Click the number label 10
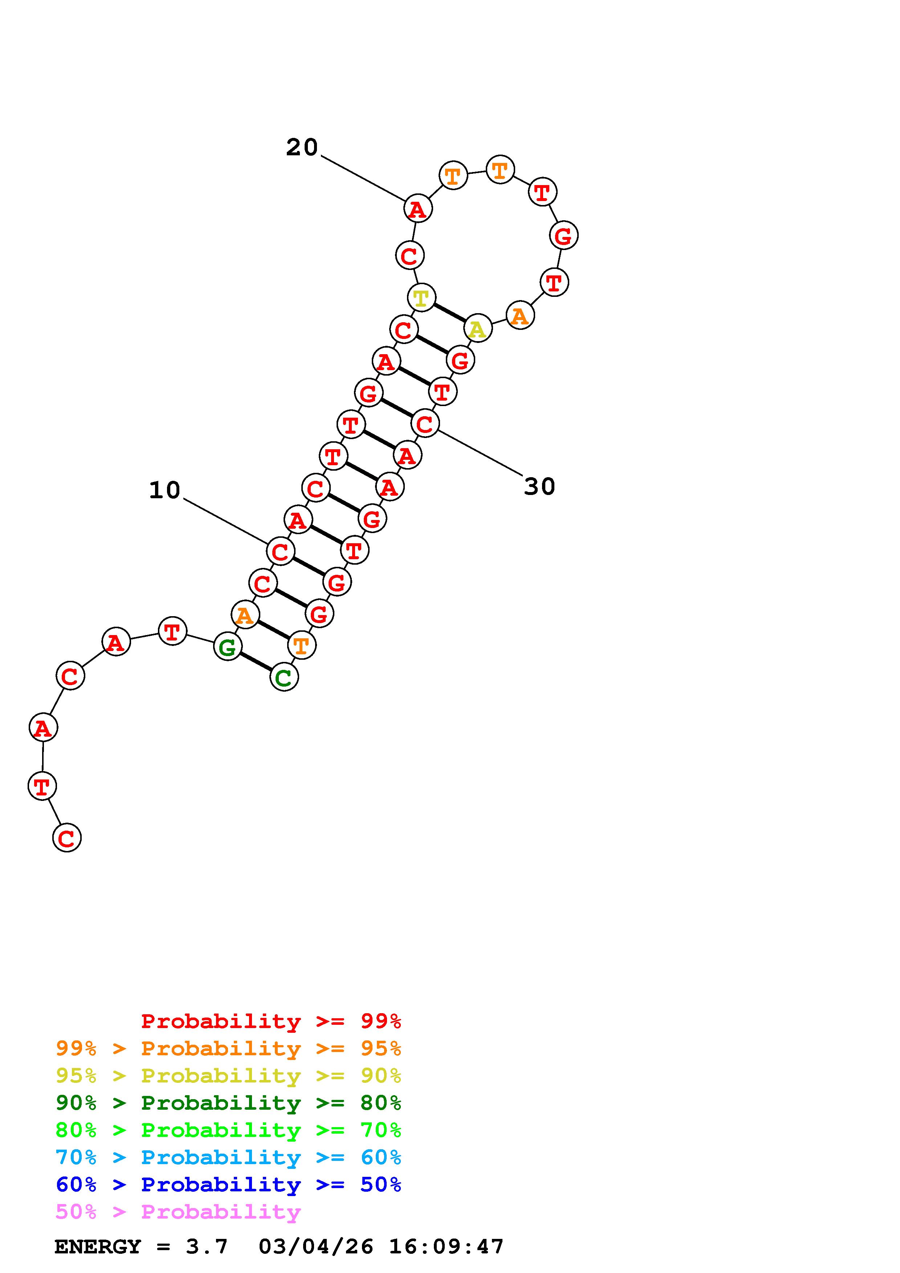point(165,490)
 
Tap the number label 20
point(302,147)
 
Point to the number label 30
point(539,487)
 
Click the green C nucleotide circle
point(284,677)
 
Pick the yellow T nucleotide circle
point(422,298)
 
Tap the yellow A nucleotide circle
point(477,329)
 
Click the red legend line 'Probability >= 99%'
point(271,1021)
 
